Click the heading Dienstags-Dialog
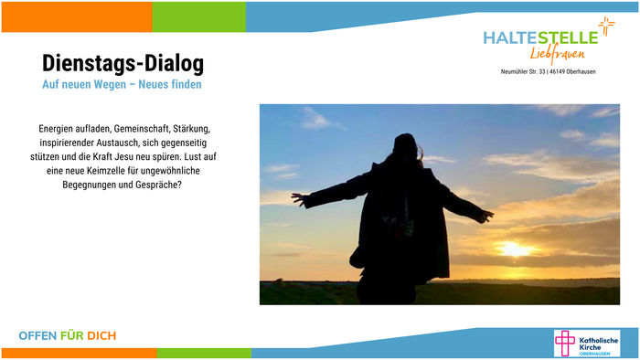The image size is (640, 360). click(x=123, y=63)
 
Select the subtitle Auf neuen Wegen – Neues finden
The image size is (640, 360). click(x=123, y=85)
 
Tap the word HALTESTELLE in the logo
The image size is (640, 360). click(x=539, y=37)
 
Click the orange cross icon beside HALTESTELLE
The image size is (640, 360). click(x=606, y=26)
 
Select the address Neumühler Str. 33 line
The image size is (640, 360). click(x=549, y=71)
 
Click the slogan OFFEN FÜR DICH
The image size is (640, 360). click(x=68, y=336)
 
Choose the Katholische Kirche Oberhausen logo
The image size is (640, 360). click(x=586, y=344)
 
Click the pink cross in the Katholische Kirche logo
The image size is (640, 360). click(x=567, y=344)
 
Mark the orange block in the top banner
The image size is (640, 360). click(x=76, y=16)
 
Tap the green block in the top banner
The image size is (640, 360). click(x=198, y=16)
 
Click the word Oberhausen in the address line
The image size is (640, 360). click(x=577, y=71)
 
